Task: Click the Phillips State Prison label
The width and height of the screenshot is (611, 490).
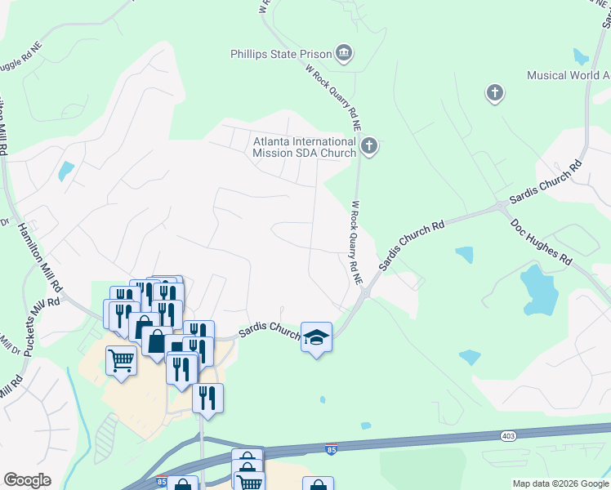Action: click(x=280, y=55)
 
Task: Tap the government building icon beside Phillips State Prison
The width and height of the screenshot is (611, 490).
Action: click(x=344, y=55)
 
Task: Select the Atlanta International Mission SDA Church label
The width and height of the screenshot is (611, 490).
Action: click(x=304, y=147)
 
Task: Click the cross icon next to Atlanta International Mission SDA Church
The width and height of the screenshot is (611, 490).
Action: click(x=369, y=147)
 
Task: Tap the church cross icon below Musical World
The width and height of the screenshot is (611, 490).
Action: click(x=494, y=93)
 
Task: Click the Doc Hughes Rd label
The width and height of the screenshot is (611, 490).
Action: click(x=541, y=241)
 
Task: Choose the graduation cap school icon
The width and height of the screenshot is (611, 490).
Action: click(x=316, y=336)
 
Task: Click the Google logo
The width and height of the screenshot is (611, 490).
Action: click(x=27, y=480)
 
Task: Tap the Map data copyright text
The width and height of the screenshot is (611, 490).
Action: click(x=560, y=483)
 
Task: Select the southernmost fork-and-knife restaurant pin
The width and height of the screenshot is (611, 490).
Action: click(x=207, y=398)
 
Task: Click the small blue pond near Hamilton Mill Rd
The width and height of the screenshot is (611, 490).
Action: click(x=65, y=171)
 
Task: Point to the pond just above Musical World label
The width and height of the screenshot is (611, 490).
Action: click(x=581, y=57)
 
